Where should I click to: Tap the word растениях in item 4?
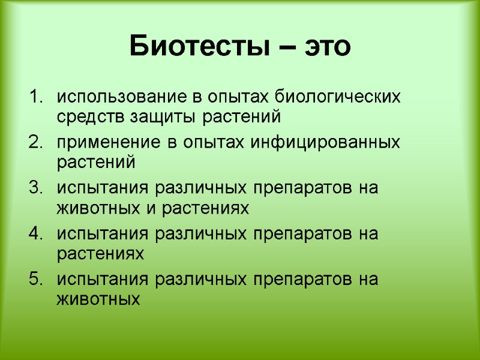(x=101, y=254)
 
